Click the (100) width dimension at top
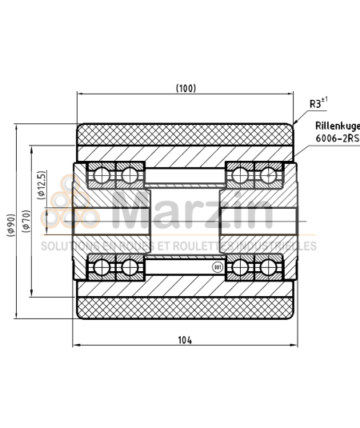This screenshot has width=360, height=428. [185, 88]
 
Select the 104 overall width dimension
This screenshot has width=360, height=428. [185, 339]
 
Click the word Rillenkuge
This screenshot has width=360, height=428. [337, 126]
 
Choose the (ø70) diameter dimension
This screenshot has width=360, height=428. [27, 219]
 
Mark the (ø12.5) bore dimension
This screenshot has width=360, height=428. [41, 185]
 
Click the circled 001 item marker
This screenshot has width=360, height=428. [216, 267]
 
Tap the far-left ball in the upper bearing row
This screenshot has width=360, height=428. [101, 174]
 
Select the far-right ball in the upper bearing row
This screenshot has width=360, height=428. [270, 174]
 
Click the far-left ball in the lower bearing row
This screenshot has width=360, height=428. [101, 266]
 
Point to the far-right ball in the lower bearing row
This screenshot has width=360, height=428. [270, 266]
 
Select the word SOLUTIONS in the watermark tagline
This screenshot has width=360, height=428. [64, 246]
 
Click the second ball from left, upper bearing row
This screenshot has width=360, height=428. [128, 174]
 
